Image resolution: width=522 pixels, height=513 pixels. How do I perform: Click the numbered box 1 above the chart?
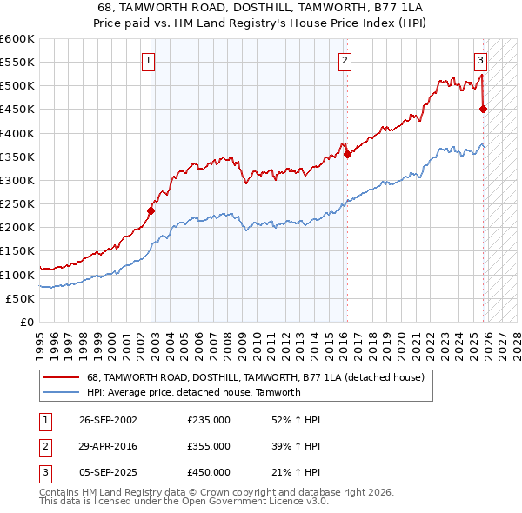[x=150, y=60]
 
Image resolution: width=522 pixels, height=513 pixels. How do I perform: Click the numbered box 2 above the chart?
[x=345, y=60]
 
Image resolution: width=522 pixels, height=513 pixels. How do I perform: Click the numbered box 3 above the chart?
[x=480, y=60]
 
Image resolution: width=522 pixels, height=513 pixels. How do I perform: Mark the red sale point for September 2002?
[x=151, y=210]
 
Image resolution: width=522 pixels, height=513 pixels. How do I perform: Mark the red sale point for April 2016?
[x=347, y=154]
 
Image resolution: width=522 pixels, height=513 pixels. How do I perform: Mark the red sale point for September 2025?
[x=484, y=109]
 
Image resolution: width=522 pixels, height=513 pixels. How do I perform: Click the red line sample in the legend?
[x=62, y=377]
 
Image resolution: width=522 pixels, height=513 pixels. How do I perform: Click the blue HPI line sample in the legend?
[x=62, y=392]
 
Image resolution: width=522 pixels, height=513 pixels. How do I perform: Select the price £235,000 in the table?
[x=209, y=420]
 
